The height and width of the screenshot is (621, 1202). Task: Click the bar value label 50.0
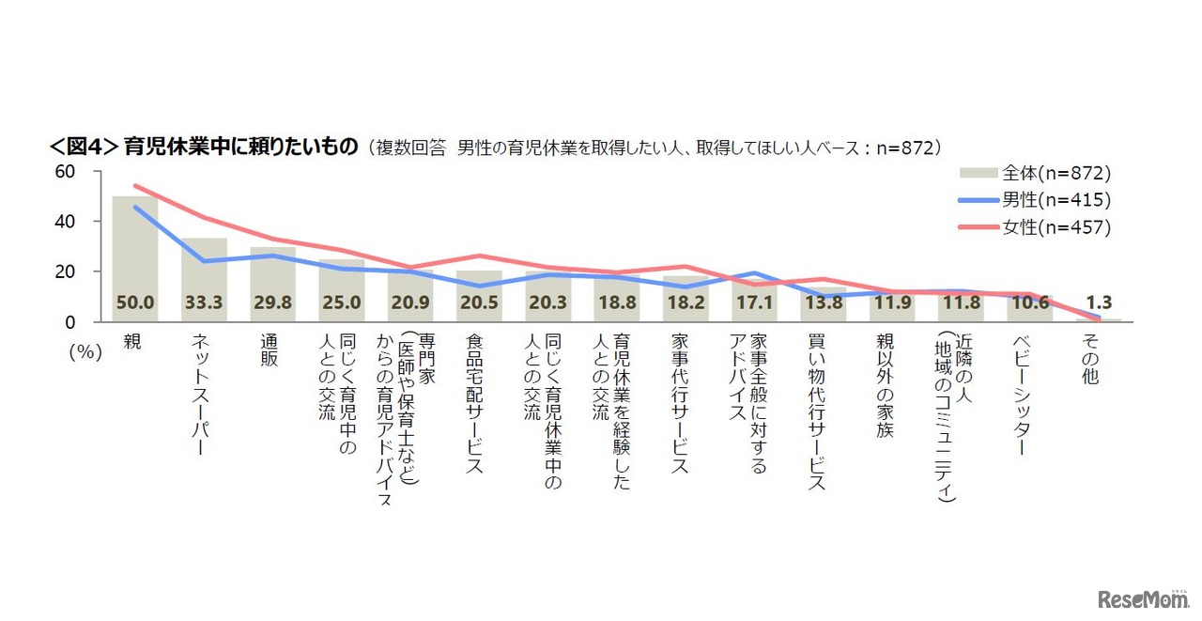click(134, 303)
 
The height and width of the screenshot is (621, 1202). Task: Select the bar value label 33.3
click(204, 303)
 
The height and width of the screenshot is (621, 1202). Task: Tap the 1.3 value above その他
click(1099, 303)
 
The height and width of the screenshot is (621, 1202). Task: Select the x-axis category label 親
click(133, 341)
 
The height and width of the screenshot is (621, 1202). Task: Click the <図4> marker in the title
click(83, 147)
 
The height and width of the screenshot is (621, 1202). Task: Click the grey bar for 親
click(134, 254)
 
